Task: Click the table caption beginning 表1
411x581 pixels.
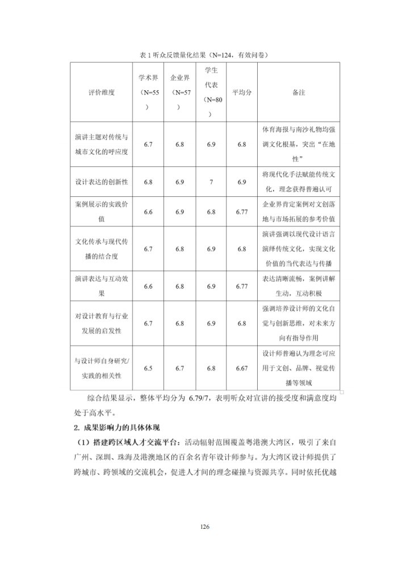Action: click(x=205, y=55)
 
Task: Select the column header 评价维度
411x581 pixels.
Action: click(x=102, y=92)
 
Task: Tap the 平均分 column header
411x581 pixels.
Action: click(x=242, y=92)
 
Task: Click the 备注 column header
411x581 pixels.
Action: click(x=299, y=92)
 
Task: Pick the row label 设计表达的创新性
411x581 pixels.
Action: click(x=102, y=182)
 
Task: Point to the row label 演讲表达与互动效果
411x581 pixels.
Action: click(x=102, y=286)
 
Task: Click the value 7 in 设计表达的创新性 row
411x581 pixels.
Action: click(x=211, y=182)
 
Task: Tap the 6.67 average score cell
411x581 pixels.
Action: click(x=242, y=368)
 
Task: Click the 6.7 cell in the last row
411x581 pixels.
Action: click(x=179, y=368)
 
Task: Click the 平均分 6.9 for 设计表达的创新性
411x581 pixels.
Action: click(x=242, y=182)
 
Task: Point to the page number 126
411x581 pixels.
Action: click(x=205, y=527)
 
